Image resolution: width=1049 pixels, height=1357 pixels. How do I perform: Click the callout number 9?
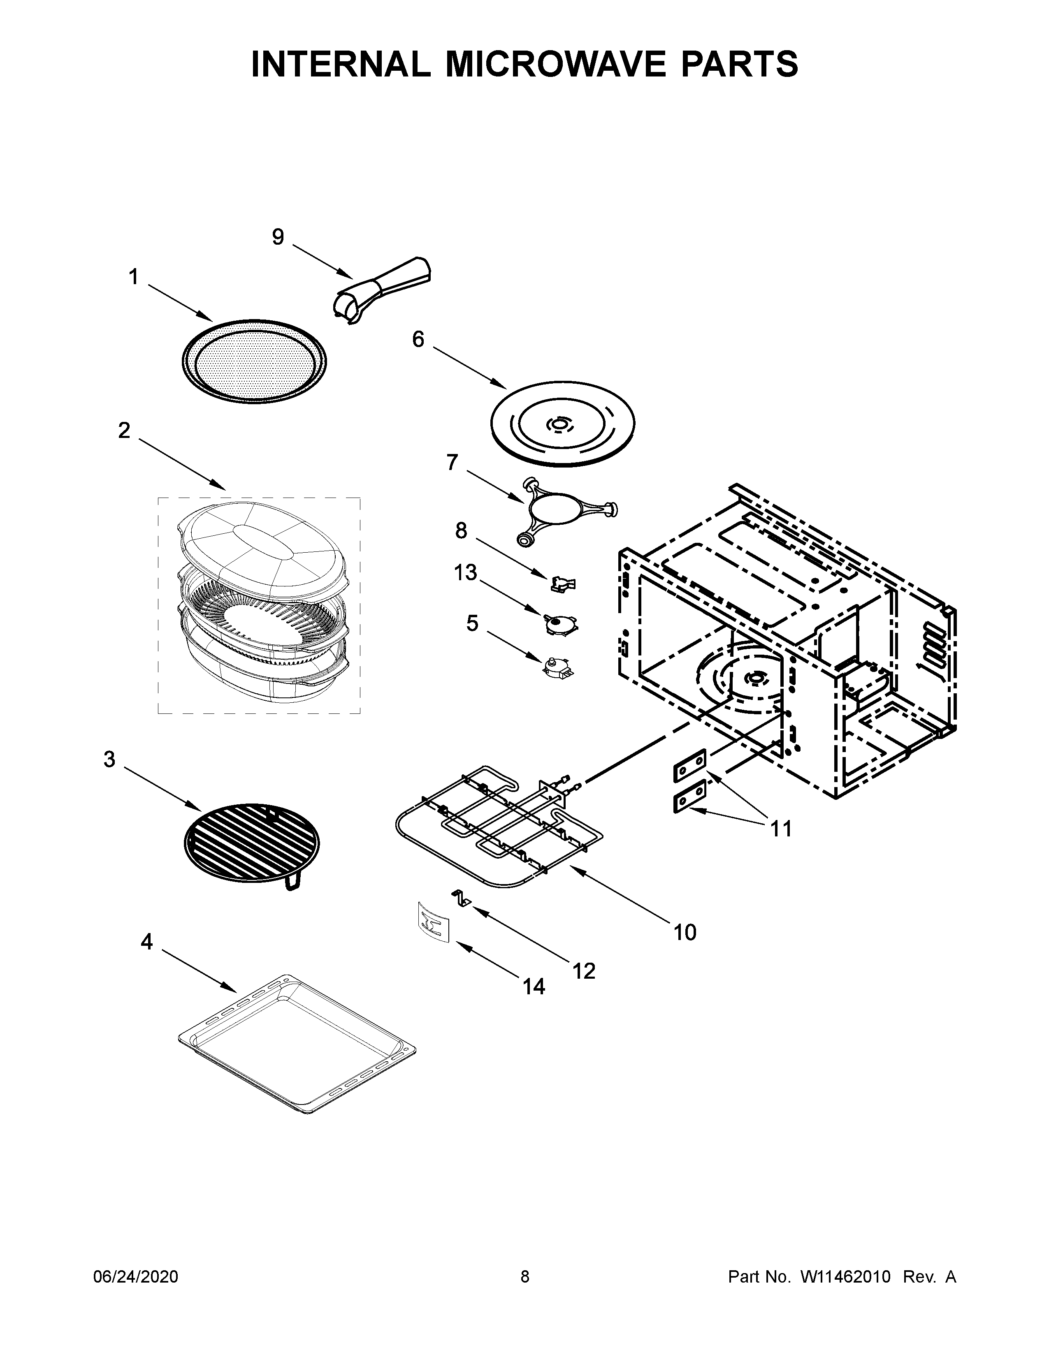[278, 237]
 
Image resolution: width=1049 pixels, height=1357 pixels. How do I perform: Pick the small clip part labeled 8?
[563, 582]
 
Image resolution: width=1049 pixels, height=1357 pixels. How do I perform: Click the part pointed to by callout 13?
[559, 623]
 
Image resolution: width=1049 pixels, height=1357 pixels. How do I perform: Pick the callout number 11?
[781, 828]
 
